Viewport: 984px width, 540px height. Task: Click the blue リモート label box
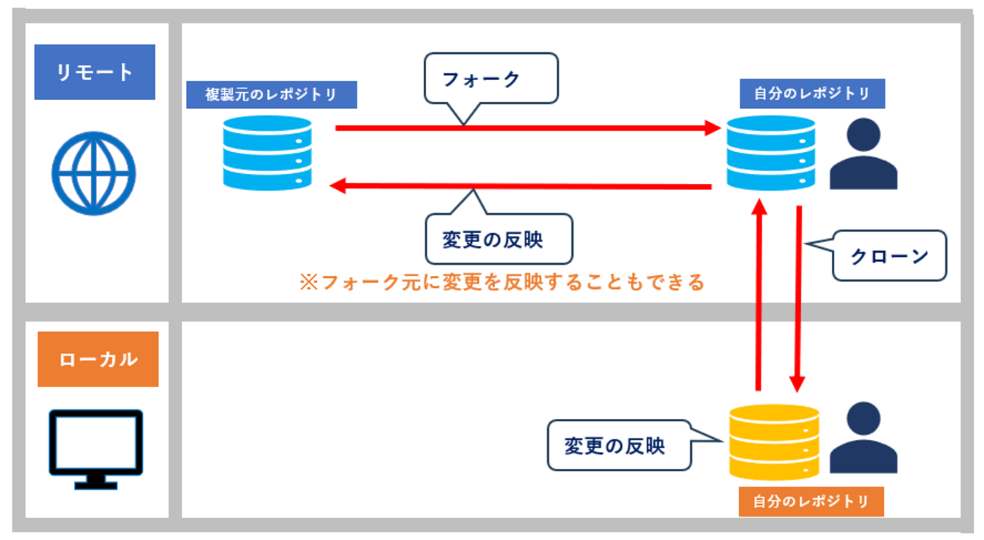[95, 72]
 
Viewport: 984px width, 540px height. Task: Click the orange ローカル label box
[98, 358]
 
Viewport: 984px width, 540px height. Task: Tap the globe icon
[94, 173]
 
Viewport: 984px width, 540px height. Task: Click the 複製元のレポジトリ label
[271, 95]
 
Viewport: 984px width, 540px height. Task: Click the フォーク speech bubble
[490, 79]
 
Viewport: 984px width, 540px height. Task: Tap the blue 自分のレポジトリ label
[811, 94]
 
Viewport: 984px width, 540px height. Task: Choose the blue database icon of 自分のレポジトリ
[771, 153]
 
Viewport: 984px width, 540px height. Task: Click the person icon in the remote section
[863, 155]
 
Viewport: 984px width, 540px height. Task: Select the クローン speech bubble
[889, 256]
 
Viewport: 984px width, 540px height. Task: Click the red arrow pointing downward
[798, 299]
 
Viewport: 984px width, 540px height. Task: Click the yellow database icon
[774, 442]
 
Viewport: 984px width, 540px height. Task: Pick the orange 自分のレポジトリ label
[811, 501]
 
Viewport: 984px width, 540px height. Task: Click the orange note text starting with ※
[502, 282]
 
